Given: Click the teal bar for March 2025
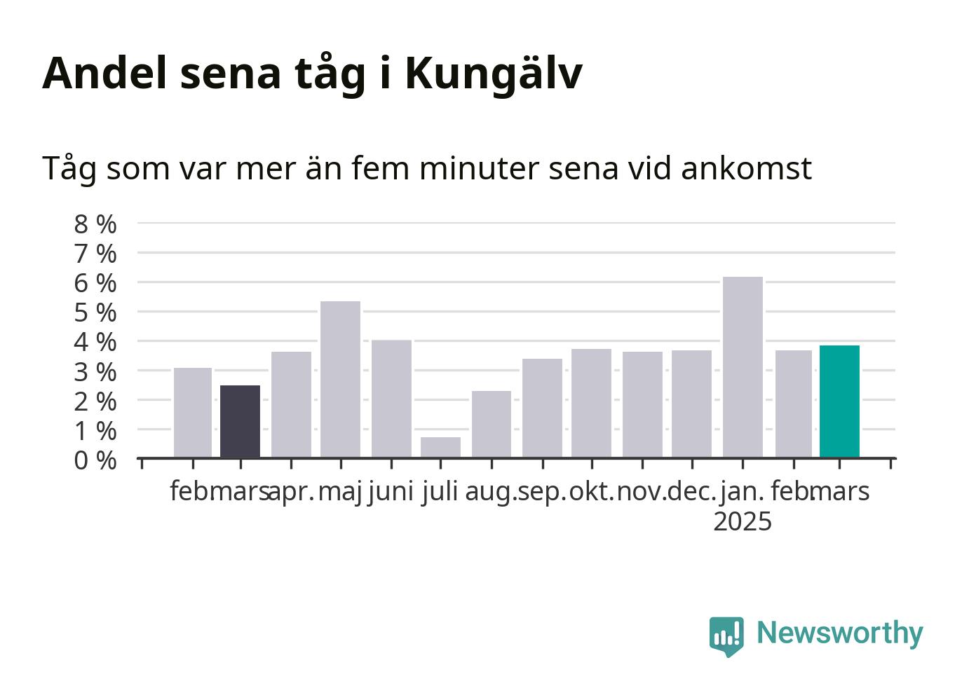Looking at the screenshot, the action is (839, 402).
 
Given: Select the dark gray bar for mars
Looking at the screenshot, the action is (240, 421).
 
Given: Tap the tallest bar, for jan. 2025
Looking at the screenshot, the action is (743, 366).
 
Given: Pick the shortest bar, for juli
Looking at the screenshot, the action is (440, 447).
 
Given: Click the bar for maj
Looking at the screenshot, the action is (341, 379).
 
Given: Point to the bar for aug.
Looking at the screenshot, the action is (492, 424).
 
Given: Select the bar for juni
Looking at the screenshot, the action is (391, 399).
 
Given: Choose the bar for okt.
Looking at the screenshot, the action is (591, 403).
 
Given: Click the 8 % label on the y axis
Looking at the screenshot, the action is (95, 224).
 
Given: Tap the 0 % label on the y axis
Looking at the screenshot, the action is (95, 460).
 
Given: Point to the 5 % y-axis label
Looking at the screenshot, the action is (95, 313).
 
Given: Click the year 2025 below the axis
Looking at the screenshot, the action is (743, 521).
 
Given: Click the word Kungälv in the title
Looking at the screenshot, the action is (494, 74).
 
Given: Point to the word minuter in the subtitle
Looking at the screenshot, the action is (480, 167).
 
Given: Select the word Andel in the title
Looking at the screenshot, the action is (104, 74).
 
